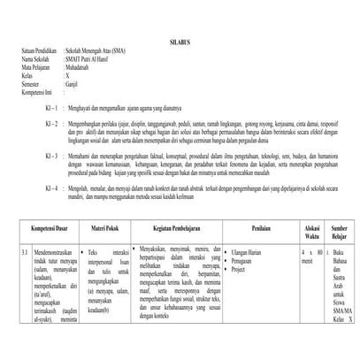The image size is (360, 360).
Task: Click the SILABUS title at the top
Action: click(x=180, y=42)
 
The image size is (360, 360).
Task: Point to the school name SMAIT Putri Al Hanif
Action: click(x=89, y=59)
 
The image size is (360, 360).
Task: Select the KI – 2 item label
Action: click(x=50, y=122)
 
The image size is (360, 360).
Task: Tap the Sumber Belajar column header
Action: click(x=340, y=231)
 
